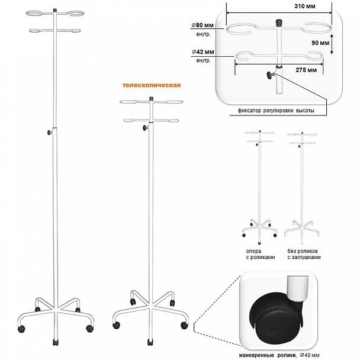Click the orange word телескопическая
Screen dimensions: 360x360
click(x=152, y=85)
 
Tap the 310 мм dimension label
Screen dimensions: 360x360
click(x=305, y=6)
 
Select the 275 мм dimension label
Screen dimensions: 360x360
click(x=306, y=70)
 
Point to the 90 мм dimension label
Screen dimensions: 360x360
click(x=320, y=43)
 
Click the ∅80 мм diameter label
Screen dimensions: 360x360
click(x=202, y=25)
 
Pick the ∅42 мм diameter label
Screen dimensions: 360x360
click(x=203, y=52)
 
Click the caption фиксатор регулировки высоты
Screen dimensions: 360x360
click(x=276, y=111)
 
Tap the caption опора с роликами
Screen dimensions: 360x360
click(x=261, y=254)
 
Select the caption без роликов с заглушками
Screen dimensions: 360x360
click(x=304, y=254)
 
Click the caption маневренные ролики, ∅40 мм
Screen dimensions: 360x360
click(x=279, y=355)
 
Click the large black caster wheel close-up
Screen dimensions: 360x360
click(x=275, y=318)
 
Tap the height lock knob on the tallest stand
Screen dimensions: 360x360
click(x=50, y=132)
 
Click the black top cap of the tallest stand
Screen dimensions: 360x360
click(x=55, y=11)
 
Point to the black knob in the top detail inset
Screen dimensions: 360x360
click(x=271, y=75)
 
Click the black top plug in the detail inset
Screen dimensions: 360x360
click(x=279, y=22)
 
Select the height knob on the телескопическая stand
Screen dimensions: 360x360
click(x=145, y=128)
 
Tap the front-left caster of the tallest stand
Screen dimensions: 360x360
click(x=21, y=329)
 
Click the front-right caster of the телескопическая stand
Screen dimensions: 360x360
click(x=184, y=325)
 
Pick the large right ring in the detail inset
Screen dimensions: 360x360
click(x=319, y=29)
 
